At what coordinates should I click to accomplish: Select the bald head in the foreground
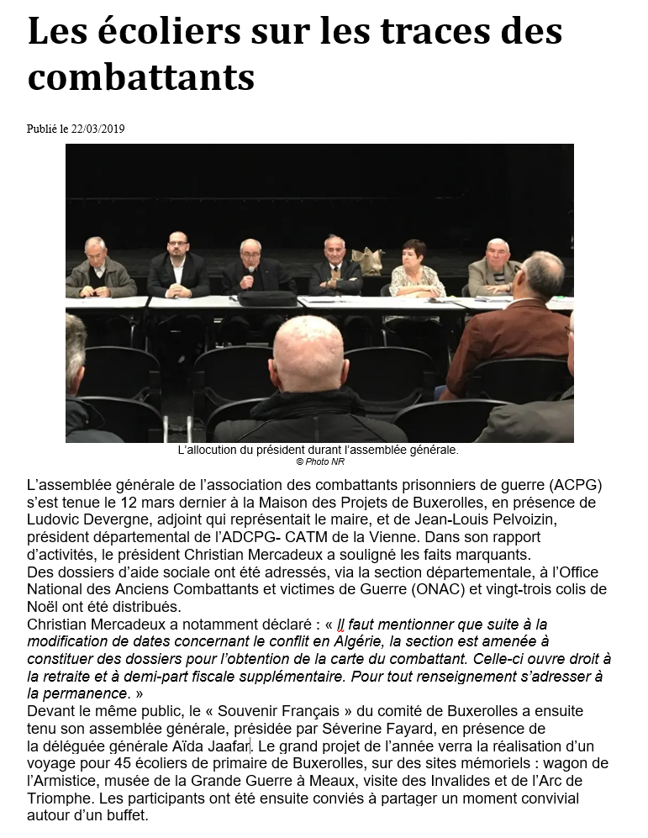point(308,353)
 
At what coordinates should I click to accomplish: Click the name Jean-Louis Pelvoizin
point(456,519)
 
